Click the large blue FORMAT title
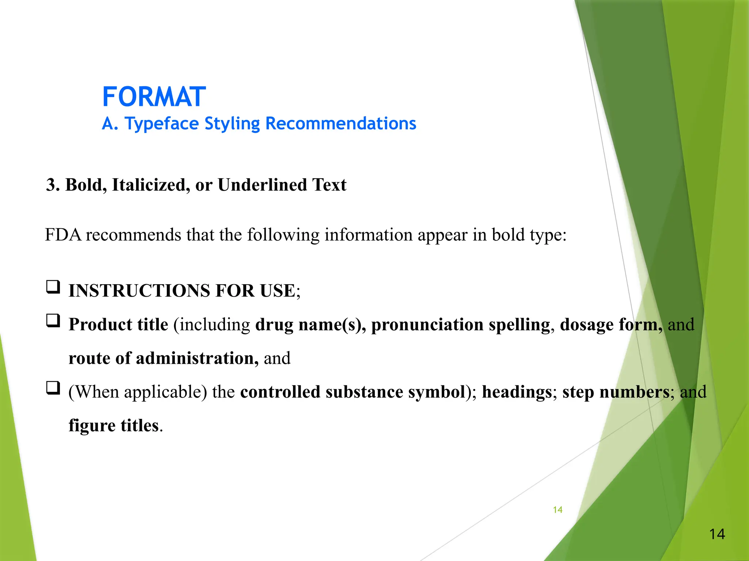point(154,97)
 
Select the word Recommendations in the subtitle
point(340,123)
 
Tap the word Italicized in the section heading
point(151,185)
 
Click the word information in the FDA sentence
point(368,235)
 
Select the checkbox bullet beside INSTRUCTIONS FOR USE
point(53,287)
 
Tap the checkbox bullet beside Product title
point(53,321)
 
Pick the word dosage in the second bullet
point(587,325)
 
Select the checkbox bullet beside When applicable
point(53,388)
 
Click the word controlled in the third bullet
point(280,392)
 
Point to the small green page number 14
point(557,510)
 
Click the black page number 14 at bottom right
point(717,534)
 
